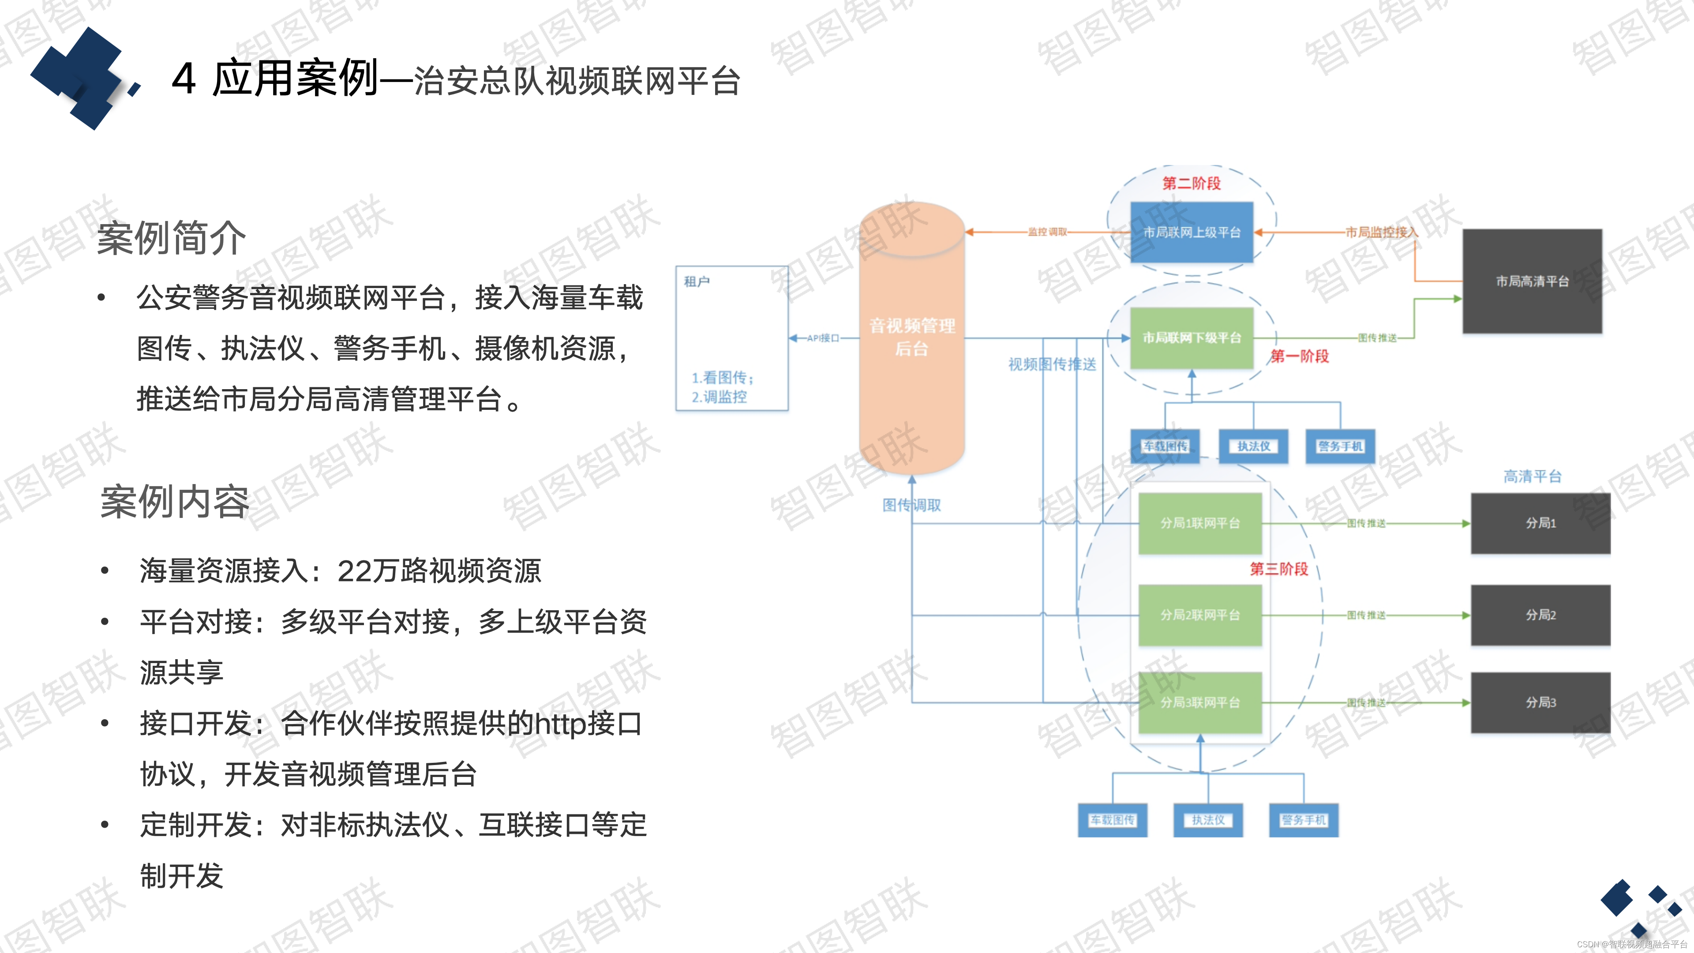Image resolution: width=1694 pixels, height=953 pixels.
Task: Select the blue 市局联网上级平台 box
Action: click(x=1191, y=232)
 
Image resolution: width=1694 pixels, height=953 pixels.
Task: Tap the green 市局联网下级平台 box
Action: click(x=1191, y=338)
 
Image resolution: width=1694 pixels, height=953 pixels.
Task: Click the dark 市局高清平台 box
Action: click(x=1532, y=281)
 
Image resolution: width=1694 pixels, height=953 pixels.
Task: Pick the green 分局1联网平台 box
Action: click(x=1199, y=523)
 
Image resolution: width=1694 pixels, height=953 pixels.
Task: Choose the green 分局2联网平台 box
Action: click(x=1199, y=615)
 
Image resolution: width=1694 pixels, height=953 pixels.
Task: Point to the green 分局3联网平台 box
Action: click(x=1199, y=702)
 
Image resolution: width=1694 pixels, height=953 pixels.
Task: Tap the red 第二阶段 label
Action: click(x=1191, y=184)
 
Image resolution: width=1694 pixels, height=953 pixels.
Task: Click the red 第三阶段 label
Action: click(x=1278, y=569)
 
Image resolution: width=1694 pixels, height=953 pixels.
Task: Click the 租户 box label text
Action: click(x=697, y=281)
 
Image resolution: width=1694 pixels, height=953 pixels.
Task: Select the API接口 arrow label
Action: click(x=823, y=338)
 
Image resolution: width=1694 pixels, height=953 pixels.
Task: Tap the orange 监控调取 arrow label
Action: click(x=1048, y=232)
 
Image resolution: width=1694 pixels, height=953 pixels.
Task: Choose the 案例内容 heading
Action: click(x=175, y=502)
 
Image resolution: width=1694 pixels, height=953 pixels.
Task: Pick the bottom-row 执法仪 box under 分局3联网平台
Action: click(x=1208, y=820)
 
